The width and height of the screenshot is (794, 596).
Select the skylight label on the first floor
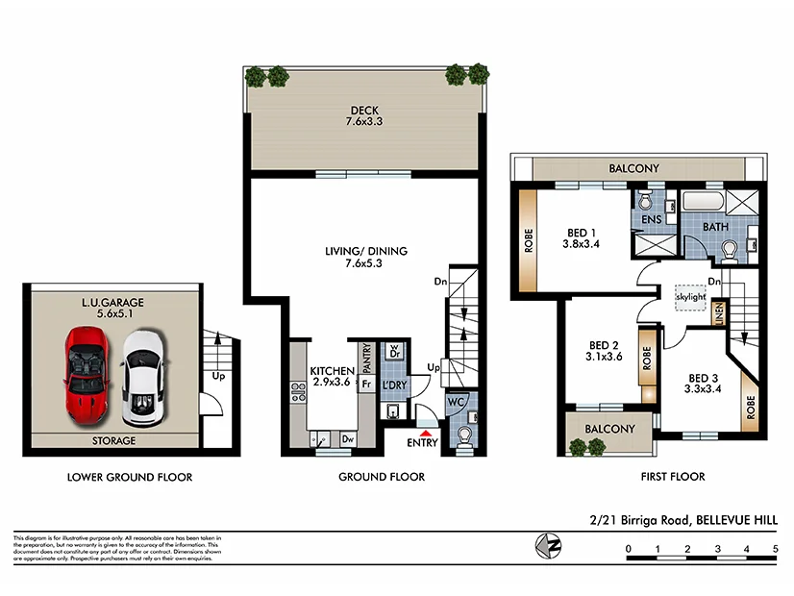point(691,297)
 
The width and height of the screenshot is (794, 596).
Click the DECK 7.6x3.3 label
point(364,116)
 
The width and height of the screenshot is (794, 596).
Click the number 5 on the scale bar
point(775,550)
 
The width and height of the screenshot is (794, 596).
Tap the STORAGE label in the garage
point(114,441)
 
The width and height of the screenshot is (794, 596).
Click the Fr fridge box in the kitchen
point(366,385)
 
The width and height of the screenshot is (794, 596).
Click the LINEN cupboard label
point(717,315)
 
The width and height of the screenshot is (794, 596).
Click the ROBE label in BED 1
point(529,240)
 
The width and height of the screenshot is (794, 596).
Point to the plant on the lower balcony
point(580,446)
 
